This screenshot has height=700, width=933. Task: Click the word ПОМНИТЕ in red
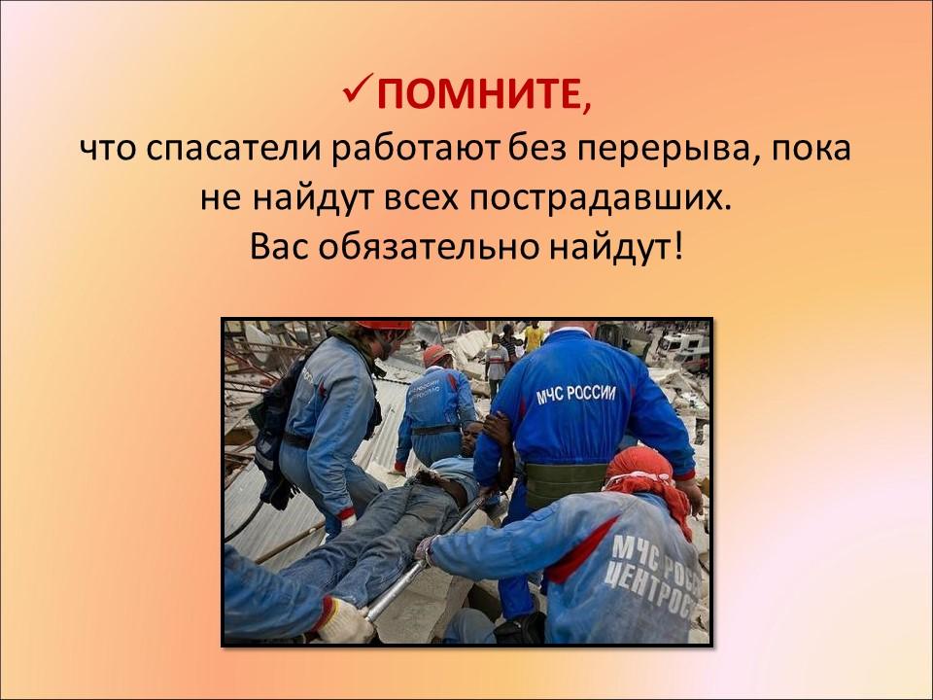click(x=478, y=93)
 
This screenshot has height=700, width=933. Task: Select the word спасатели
click(x=233, y=150)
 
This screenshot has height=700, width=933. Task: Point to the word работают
click(x=416, y=149)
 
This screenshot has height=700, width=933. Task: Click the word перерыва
click(x=659, y=150)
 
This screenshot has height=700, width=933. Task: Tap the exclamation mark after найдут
click(x=679, y=245)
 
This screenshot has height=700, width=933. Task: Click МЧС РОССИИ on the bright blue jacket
click(x=576, y=394)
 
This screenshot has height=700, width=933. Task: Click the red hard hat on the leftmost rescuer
click(x=384, y=325)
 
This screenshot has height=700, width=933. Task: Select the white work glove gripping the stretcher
click(x=344, y=621)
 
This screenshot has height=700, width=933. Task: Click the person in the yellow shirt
click(x=534, y=336)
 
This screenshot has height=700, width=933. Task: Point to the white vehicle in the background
click(x=685, y=348)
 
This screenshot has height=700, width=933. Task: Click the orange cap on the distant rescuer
click(x=435, y=354)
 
